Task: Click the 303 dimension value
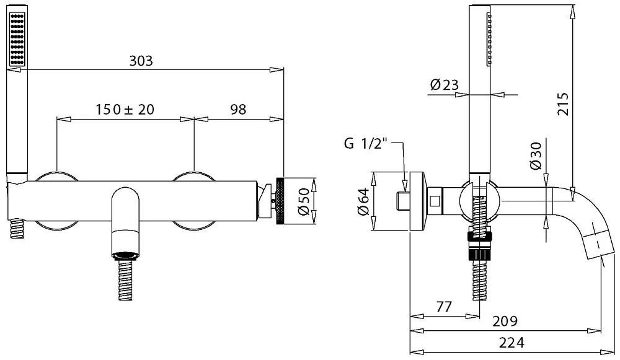click(141, 61)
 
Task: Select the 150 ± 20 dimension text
click(125, 109)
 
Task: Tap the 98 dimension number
click(238, 109)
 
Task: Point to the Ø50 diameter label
click(304, 201)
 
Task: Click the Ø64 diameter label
click(363, 201)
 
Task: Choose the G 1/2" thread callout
click(365, 143)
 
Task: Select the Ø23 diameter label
click(444, 84)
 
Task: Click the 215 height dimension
click(563, 104)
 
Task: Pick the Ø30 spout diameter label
click(536, 157)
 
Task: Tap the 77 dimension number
click(444, 307)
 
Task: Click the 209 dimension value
click(505, 321)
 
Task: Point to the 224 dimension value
click(511, 342)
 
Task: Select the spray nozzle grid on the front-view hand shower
click(17, 39)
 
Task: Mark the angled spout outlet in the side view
click(600, 242)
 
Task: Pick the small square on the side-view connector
click(435, 201)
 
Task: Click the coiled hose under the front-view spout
click(125, 280)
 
